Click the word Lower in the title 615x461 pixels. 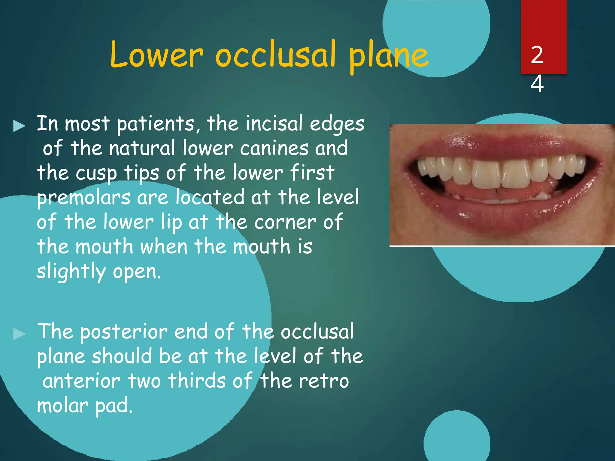[156, 55]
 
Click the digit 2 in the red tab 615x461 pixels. [537, 55]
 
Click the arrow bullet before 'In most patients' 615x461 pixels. [20, 126]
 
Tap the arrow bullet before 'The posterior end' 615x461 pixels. [20, 334]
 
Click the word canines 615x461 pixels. [274, 148]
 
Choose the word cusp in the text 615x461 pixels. [96, 173]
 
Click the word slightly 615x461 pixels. [71, 271]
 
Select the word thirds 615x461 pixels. [197, 381]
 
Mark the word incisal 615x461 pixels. [274, 124]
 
